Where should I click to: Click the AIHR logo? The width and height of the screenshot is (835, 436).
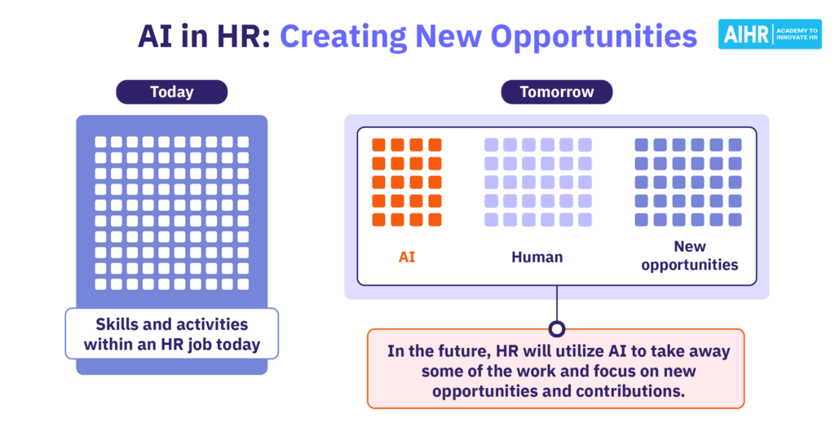tap(770, 34)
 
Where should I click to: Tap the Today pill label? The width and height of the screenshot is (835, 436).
tap(171, 91)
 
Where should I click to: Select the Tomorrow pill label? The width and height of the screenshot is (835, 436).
tap(556, 91)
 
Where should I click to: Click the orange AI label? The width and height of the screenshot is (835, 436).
tap(407, 258)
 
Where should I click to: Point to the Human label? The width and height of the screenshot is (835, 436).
tap(537, 258)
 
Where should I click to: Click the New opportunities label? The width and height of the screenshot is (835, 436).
tap(690, 256)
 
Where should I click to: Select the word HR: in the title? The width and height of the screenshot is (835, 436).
tap(243, 36)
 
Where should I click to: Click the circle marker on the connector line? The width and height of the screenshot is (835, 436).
tap(557, 329)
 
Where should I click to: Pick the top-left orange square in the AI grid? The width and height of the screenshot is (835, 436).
tap(378, 145)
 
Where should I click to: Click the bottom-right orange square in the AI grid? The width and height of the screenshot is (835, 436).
tap(435, 219)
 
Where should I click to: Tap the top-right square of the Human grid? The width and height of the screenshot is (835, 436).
tap(585, 145)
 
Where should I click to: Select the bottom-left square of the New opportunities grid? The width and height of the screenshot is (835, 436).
tap(641, 219)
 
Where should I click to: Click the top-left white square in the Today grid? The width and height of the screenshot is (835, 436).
tap(100, 142)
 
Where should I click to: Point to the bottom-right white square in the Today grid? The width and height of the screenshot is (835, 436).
tap(243, 284)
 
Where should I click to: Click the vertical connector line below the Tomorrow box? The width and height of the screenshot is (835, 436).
tap(557, 303)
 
